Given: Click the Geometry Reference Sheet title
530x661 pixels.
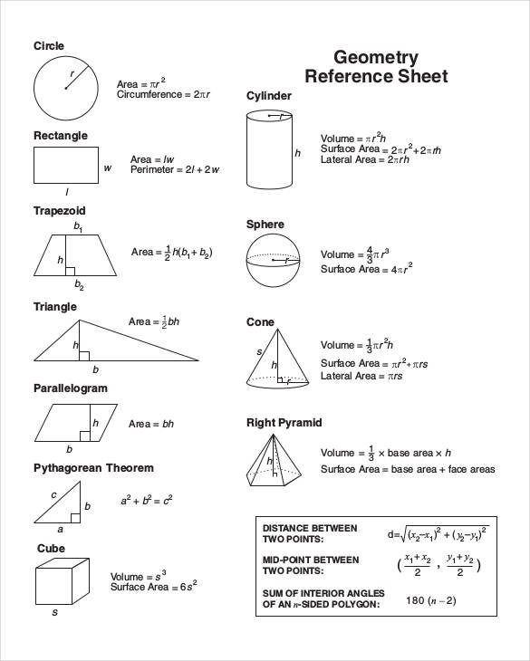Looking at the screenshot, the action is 376,67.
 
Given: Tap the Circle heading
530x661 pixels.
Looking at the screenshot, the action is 49,46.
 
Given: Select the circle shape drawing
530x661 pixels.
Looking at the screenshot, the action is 65,88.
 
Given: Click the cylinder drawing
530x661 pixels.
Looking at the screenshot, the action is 270,148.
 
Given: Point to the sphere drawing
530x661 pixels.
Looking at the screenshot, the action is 274,260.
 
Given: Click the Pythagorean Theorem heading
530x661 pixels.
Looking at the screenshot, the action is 93,468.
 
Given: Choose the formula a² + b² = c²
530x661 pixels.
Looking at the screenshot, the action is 147,500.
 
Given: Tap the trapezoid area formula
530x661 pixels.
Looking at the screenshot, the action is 171,253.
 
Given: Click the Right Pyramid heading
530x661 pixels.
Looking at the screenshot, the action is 284,423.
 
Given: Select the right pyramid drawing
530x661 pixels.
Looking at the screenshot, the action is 274,460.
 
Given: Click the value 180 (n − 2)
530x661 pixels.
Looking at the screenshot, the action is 430,600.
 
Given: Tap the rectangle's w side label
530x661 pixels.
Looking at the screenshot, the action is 107,168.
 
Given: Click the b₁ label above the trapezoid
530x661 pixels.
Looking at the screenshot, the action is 79,226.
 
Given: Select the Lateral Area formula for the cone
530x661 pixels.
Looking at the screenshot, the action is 362,376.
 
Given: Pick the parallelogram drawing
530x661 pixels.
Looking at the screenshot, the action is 77,422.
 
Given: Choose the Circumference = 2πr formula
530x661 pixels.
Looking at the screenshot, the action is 164,94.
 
